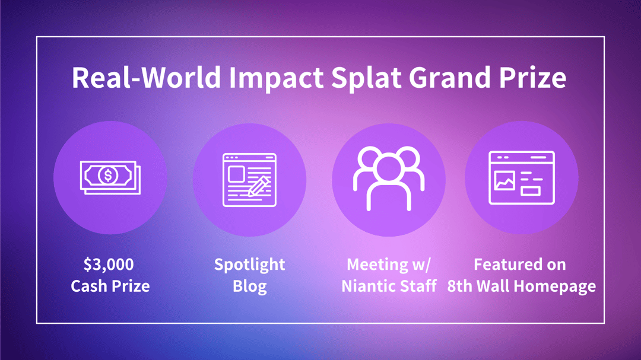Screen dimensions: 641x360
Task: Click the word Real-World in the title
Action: click(x=147, y=77)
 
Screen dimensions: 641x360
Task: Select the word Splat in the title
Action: click(x=366, y=78)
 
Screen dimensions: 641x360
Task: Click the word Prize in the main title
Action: click(x=532, y=77)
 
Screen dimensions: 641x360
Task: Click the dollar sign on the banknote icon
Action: click(x=108, y=176)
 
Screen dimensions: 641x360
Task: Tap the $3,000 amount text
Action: click(x=109, y=265)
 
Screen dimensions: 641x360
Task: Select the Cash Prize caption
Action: click(x=110, y=286)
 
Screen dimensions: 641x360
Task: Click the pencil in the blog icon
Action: click(x=259, y=186)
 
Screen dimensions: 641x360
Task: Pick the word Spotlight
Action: click(x=250, y=265)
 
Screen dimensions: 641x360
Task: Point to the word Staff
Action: click(x=418, y=286)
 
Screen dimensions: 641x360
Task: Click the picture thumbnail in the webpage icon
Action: click(x=504, y=181)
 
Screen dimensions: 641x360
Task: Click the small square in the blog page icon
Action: click(x=237, y=174)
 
